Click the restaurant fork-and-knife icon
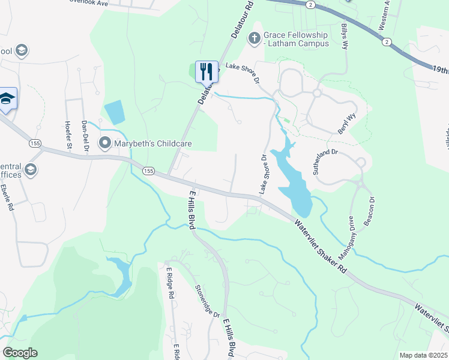[206, 71]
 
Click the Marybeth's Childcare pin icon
[106, 143]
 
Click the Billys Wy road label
[345, 37]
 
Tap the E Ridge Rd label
[170, 283]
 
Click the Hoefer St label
[67, 134]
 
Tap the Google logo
[20, 353]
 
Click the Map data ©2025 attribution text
[423, 355]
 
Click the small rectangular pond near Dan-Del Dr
[115, 112]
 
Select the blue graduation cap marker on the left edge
[7, 99]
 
